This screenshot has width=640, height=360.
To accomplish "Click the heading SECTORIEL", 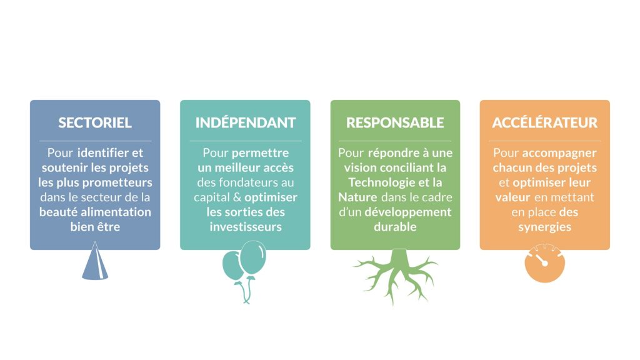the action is click(x=95, y=122).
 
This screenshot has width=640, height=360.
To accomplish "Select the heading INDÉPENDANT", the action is click(x=245, y=122).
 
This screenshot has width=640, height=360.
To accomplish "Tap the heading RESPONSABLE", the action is click(x=395, y=122).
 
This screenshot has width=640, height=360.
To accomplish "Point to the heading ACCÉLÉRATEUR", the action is click(x=545, y=122).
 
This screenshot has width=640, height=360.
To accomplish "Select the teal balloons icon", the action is click(x=245, y=269).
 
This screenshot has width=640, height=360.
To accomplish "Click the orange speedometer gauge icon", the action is click(x=545, y=263).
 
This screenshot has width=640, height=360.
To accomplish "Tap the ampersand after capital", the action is click(x=237, y=197).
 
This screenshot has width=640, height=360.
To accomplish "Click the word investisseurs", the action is click(x=246, y=227).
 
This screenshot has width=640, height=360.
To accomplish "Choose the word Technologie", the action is click(x=381, y=183).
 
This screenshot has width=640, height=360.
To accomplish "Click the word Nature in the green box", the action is click(x=357, y=197).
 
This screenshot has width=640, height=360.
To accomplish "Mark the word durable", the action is click(x=395, y=227).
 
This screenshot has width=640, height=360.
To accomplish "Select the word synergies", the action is click(x=545, y=227).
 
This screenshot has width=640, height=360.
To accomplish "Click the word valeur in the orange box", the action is click(x=512, y=197).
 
